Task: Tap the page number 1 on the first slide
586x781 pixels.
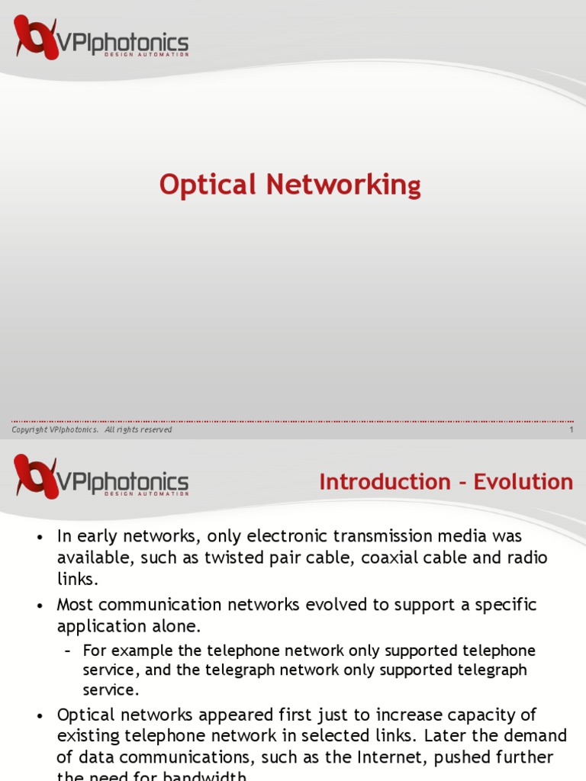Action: click(571, 430)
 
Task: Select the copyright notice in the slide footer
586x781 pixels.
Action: click(92, 430)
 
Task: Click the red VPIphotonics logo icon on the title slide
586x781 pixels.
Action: click(36, 37)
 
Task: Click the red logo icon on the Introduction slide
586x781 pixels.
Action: click(36, 476)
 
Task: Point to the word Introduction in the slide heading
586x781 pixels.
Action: click(385, 482)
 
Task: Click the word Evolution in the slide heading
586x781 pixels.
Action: click(523, 482)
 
